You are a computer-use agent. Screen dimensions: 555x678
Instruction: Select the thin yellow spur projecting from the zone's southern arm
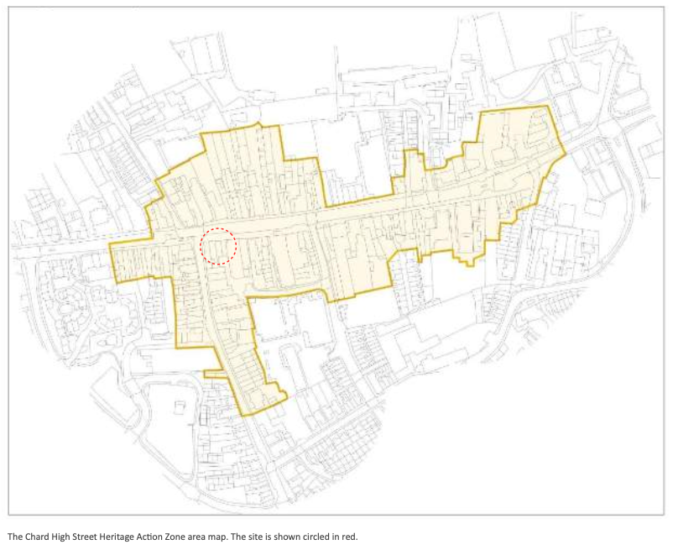point(213,373)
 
